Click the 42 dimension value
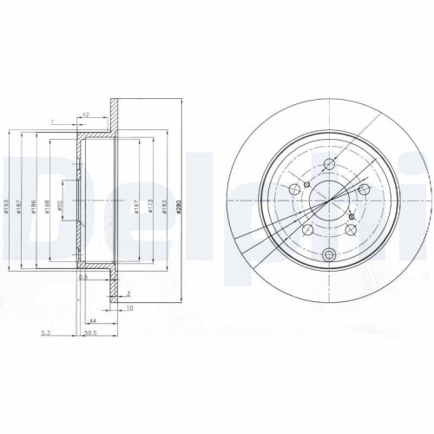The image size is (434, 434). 87,113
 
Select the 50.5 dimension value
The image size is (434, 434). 89,331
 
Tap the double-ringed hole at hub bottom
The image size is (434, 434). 329,254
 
